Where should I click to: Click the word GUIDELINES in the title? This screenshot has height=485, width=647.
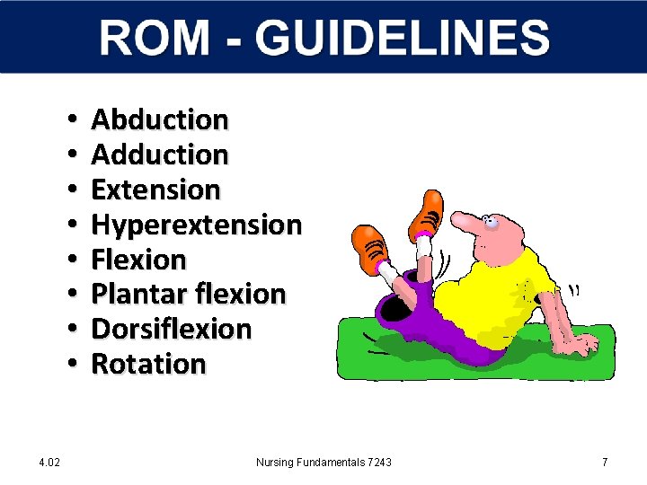point(402,39)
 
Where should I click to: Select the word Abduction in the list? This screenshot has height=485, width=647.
point(160,119)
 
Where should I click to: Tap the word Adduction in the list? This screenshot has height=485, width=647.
point(160,154)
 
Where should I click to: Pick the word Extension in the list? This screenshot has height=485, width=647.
point(155,190)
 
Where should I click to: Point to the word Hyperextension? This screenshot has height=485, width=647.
point(196,225)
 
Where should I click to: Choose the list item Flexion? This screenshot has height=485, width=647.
point(138,260)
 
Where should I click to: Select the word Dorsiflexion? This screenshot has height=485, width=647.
point(171,329)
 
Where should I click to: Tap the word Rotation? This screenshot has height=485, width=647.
point(148,364)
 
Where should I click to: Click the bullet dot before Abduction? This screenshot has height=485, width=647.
point(69,120)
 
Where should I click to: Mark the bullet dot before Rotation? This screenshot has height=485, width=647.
point(69,365)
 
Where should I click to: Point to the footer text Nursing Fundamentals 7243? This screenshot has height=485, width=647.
point(323,462)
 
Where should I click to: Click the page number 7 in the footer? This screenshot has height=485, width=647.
point(605,462)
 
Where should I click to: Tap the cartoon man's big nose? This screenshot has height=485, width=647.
point(465,220)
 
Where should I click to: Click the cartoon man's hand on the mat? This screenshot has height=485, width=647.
point(580,345)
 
